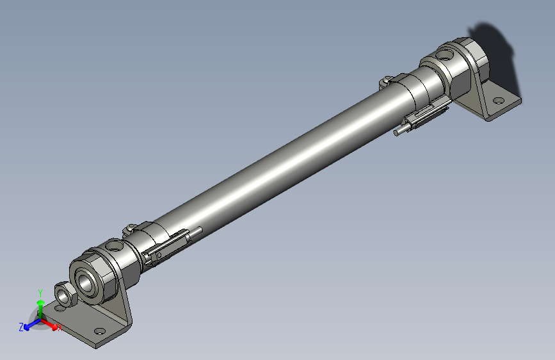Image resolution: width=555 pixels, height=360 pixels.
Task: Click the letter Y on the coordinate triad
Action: [x=40, y=291]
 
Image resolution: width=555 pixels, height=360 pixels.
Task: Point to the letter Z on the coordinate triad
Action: [x=21, y=327]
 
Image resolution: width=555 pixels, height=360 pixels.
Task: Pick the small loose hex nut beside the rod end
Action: [x=64, y=294]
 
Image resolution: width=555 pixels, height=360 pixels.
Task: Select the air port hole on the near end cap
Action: [x=115, y=245]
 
